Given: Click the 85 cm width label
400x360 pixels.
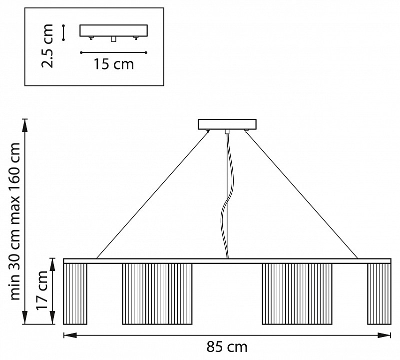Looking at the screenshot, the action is [x=227, y=347].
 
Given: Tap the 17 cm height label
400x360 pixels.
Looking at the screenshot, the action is [x=42, y=289].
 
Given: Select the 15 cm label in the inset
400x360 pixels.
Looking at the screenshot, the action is [x=114, y=64].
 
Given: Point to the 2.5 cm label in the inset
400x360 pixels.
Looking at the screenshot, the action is [x=47, y=46].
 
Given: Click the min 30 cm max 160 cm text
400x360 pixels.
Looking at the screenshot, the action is [x=14, y=221].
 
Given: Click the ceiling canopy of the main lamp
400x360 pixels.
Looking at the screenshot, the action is [x=227, y=124].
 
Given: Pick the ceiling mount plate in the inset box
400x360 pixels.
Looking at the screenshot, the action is [x=113, y=30].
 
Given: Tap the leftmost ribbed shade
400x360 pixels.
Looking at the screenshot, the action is [x=75, y=294].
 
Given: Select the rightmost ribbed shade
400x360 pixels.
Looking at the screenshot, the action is [x=379, y=294].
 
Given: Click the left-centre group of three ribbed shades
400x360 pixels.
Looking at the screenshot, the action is [x=157, y=294].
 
